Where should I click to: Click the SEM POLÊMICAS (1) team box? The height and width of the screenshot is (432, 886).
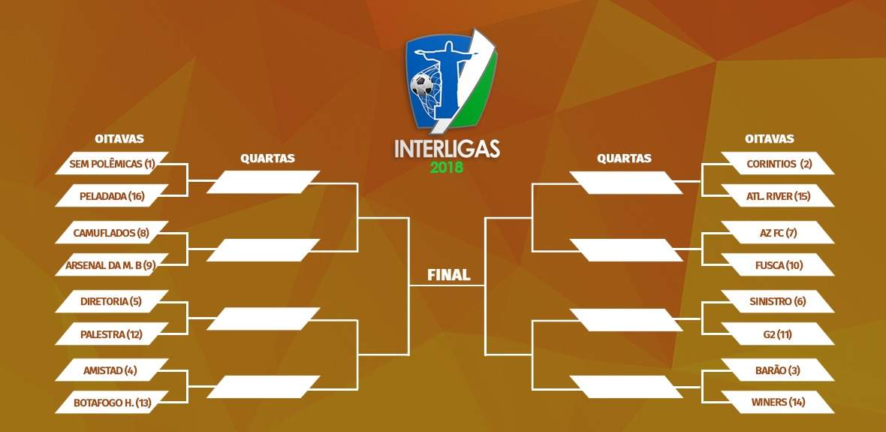[x=112, y=164]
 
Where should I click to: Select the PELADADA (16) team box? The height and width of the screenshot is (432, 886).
[x=112, y=196]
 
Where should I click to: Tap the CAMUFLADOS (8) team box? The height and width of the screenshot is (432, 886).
[x=112, y=232]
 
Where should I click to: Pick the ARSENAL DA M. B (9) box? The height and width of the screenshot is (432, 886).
[x=112, y=264]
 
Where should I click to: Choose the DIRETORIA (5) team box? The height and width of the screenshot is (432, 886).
[x=112, y=301]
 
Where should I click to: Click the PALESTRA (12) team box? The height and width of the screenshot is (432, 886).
[x=112, y=334]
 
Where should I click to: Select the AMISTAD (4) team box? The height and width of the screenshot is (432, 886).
[x=112, y=370]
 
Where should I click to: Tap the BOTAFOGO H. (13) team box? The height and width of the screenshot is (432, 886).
[x=112, y=403]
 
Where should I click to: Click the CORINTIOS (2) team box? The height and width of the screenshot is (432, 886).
[x=778, y=164]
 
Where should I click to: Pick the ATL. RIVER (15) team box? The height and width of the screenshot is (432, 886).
[x=778, y=196]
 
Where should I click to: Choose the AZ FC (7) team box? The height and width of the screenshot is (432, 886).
[x=778, y=232]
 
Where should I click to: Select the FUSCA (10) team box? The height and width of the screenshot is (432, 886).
[x=778, y=264]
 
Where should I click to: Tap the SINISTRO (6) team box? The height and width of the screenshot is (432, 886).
[x=778, y=301]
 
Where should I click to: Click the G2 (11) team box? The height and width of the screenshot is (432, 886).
[x=778, y=334]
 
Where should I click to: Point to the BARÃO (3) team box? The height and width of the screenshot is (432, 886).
[x=778, y=370]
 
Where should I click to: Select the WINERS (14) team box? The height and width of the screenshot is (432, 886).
[x=778, y=403]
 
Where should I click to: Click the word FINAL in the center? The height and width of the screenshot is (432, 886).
[x=449, y=276]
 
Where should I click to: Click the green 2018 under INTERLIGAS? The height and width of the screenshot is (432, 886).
[x=447, y=168]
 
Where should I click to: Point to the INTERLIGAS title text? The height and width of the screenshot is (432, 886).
[x=447, y=149]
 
